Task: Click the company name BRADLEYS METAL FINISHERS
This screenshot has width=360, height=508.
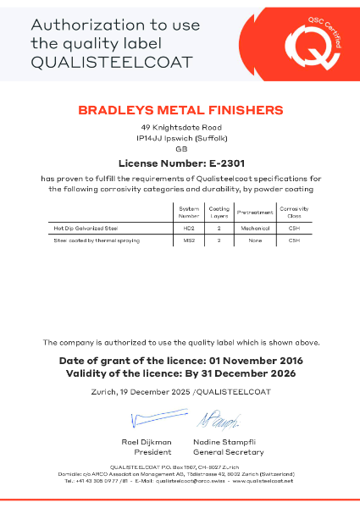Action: (180, 110)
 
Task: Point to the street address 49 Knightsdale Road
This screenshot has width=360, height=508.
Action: (180, 127)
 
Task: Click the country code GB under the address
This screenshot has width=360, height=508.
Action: (180, 149)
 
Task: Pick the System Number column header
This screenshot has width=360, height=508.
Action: (189, 211)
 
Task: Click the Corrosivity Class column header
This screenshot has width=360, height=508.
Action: (295, 211)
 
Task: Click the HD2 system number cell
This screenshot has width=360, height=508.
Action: (188, 228)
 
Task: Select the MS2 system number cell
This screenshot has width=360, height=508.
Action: (188, 241)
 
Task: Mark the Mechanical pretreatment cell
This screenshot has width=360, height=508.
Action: (254, 228)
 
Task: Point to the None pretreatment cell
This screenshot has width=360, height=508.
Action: (254, 241)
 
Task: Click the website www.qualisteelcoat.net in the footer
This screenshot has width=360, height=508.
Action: (263, 481)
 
